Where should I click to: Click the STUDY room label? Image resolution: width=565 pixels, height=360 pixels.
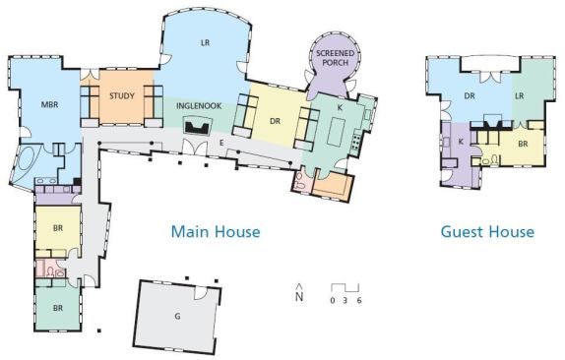[x=122, y=96]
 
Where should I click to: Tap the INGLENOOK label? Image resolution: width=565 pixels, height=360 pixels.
[x=199, y=106]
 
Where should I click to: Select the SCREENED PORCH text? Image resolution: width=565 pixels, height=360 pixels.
[x=335, y=58]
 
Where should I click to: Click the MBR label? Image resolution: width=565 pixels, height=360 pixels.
[x=50, y=105]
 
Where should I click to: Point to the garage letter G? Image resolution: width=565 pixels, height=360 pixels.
[x=177, y=317]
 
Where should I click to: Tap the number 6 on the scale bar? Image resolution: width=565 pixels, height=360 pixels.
[x=359, y=300]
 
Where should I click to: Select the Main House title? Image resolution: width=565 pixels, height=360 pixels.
[x=216, y=231]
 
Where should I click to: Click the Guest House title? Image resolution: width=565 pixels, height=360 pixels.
[x=487, y=231]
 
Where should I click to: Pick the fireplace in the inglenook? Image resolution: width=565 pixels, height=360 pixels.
[x=197, y=126]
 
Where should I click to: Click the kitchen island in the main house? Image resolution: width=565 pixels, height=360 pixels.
[x=337, y=132]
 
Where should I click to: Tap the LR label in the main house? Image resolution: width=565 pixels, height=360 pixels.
[x=205, y=43]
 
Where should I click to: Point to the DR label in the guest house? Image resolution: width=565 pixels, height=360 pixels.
[x=470, y=95]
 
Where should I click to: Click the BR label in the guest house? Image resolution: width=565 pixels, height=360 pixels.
[x=523, y=144]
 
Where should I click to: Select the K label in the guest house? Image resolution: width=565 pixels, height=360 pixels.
[x=461, y=142]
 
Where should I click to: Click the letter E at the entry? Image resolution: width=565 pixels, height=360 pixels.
[x=221, y=143]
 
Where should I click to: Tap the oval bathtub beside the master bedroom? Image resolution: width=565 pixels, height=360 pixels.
[x=29, y=157]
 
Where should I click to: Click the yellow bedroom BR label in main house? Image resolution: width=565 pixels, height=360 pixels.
[x=58, y=228]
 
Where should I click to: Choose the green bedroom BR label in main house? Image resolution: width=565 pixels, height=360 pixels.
[x=58, y=308]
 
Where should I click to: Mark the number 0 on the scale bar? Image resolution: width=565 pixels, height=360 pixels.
[x=333, y=300]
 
